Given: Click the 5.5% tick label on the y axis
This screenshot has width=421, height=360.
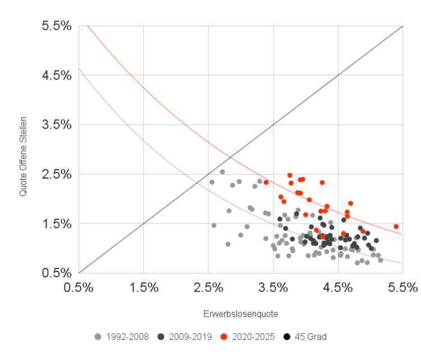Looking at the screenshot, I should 57,26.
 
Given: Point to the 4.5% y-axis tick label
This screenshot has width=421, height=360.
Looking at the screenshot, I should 57,75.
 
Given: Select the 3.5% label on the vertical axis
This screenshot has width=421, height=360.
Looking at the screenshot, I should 57,125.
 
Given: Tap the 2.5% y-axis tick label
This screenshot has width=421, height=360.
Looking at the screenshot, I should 57,174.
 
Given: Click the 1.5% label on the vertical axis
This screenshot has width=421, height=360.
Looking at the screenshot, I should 57,224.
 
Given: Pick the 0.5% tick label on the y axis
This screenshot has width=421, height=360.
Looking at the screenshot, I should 57,273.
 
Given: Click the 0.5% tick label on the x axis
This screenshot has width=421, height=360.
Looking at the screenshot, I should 79,287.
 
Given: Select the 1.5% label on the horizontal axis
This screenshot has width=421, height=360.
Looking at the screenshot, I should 144,287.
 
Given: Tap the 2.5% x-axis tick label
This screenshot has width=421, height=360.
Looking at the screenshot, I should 209,287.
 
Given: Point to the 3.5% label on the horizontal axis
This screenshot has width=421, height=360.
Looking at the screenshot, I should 273,287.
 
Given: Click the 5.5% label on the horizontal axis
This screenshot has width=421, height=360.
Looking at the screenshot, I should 403,287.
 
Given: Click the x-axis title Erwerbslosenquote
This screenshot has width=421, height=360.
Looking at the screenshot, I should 241,313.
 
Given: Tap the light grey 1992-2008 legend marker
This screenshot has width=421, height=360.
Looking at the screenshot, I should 98,337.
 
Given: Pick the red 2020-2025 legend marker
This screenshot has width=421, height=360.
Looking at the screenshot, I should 224,337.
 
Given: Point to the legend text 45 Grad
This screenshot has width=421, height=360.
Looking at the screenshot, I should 310,337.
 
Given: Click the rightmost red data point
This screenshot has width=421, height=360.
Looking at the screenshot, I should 396,226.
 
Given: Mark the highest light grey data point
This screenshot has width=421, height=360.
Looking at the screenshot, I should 222,172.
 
